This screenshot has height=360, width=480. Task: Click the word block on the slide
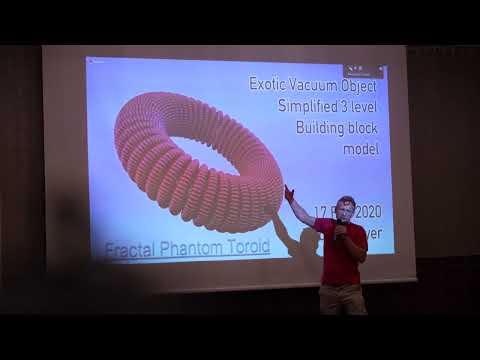[x=364, y=128]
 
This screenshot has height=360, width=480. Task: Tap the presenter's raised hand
[x=288, y=190]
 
